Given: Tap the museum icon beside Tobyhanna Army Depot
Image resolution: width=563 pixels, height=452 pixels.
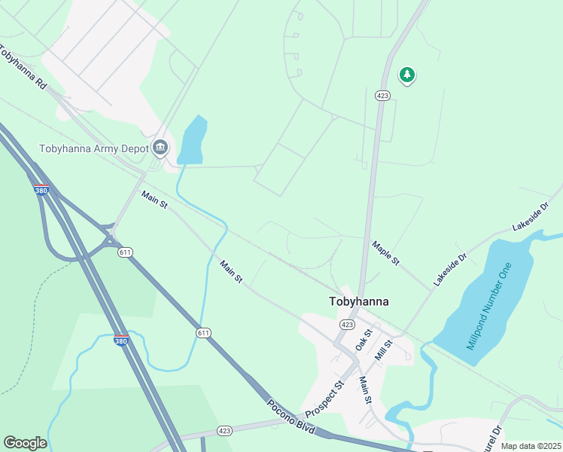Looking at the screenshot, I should tap(160, 147).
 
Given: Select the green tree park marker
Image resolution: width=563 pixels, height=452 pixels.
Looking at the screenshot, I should tap(407, 75).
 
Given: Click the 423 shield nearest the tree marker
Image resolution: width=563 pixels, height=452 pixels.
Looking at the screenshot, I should tap(382, 96).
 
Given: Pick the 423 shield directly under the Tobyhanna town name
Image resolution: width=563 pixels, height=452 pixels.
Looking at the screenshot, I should tap(347, 324).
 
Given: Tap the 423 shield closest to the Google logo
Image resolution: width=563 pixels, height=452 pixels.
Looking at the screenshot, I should tap(224, 431).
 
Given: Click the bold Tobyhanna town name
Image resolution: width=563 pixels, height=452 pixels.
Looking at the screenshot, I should tap(359, 301).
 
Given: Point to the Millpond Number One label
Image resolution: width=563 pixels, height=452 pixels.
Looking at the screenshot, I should tap(489, 307).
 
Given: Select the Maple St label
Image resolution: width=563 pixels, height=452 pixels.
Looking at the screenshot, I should tap(385, 252).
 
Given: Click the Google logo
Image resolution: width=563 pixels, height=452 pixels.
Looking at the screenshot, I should tap(25, 443).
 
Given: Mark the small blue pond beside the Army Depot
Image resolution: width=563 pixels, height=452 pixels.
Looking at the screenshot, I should tap(192, 141).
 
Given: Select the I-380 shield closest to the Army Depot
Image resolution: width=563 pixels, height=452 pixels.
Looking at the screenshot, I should tap(41, 190).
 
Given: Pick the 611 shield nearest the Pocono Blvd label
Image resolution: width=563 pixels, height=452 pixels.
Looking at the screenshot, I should tap(203, 332).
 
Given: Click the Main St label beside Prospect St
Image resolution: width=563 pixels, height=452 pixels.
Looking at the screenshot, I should tap(365, 391).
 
